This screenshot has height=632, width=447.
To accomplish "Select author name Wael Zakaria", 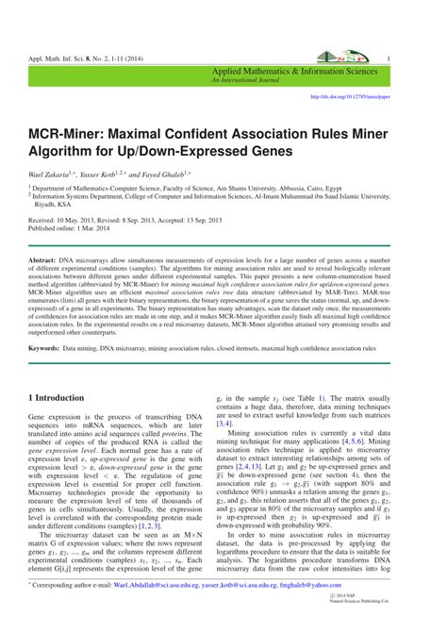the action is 49,174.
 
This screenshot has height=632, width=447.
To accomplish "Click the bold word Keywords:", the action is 45,348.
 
